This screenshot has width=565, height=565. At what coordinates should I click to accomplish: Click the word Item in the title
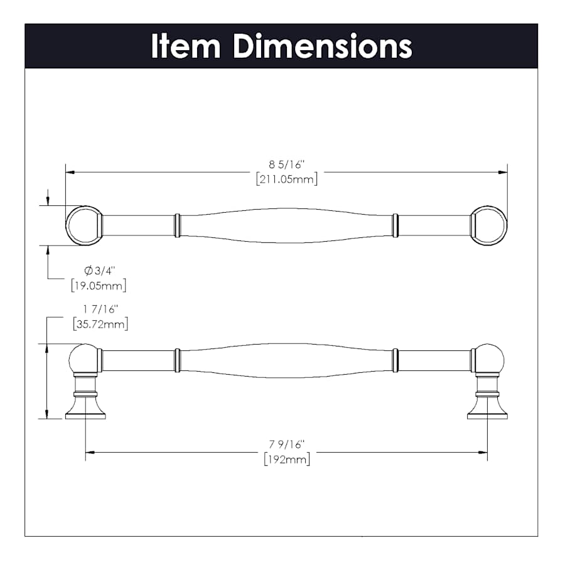pyautogui.click(x=186, y=46)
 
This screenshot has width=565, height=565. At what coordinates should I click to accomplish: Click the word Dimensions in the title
pyautogui.click(x=323, y=46)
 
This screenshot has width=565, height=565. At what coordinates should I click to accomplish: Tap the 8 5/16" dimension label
pyautogui.click(x=287, y=164)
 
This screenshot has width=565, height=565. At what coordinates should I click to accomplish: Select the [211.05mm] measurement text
pyautogui.click(x=287, y=179)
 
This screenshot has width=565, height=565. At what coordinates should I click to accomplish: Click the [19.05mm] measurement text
pyautogui.click(x=99, y=286)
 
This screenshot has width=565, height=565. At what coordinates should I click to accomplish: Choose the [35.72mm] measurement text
pyautogui.click(x=100, y=324)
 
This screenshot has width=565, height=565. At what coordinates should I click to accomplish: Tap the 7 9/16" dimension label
pyautogui.click(x=287, y=444)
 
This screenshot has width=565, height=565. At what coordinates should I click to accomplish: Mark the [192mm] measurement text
pyautogui.click(x=287, y=460)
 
